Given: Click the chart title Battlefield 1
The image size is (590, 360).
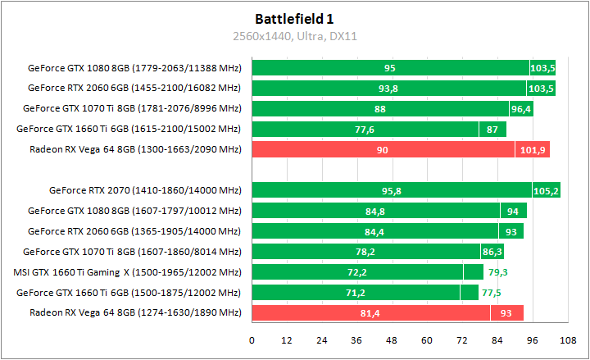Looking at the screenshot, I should [x=294, y=17].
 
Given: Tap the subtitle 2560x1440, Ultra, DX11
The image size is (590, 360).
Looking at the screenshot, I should [x=294, y=36].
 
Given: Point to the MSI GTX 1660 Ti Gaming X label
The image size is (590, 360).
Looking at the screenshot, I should [x=127, y=271].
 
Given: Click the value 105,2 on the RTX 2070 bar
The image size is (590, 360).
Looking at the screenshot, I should [x=546, y=190].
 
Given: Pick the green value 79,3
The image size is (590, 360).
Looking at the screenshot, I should [x=497, y=271].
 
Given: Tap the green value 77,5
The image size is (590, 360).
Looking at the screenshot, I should [x=492, y=292].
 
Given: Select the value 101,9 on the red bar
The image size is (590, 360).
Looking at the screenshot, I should [x=533, y=149].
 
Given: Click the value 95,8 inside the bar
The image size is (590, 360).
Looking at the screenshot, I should [x=392, y=190].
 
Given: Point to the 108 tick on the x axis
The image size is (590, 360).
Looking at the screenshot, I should [x=565, y=339].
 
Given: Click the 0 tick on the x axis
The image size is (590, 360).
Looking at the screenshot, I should [x=252, y=339].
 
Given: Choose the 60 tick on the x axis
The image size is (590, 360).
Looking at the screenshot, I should [x=426, y=339].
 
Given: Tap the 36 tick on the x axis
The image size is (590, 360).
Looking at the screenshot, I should [x=356, y=339].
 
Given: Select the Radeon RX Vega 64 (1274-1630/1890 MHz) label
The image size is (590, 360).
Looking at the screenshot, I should [x=135, y=312].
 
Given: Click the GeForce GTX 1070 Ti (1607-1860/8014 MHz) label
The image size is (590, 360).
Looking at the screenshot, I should [x=132, y=251].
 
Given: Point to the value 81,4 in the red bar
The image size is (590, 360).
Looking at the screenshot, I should [x=370, y=312].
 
